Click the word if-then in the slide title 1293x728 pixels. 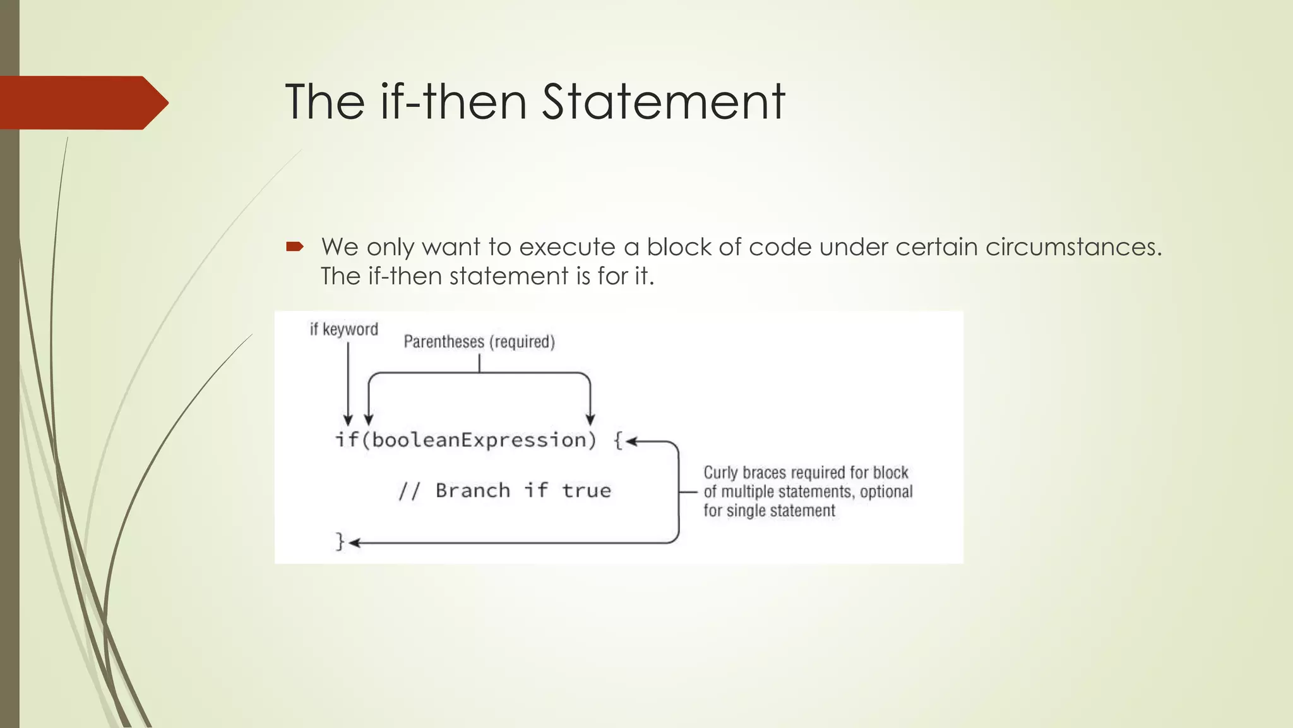453,102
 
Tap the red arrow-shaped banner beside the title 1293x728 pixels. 82,102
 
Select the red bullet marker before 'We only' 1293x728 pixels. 295,246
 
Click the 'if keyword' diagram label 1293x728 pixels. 343,329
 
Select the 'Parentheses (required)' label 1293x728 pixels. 479,342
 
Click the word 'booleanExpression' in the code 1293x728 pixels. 479,440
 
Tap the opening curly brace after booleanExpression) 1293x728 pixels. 619,440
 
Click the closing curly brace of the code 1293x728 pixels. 340,542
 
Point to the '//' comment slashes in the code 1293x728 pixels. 409,491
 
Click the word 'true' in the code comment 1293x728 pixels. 587,491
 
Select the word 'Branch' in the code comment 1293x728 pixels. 473,491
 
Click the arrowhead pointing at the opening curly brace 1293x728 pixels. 631,442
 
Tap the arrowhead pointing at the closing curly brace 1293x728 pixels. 354,543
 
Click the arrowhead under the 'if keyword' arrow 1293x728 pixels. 348,420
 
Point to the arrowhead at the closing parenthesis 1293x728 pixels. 590,420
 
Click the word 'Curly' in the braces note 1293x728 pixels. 720,473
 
